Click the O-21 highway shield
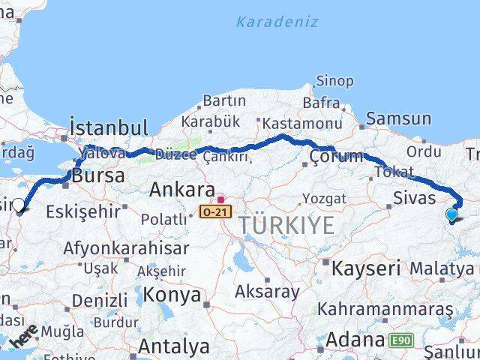(x=215, y=213)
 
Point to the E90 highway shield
(x=400, y=341)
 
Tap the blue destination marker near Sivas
(x=451, y=215)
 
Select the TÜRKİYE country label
(x=286, y=224)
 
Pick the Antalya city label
(x=174, y=346)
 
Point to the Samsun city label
(x=399, y=118)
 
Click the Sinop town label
(x=334, y=80)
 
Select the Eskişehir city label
(x=82, y=211)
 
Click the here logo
(x=22, y=337)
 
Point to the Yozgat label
(x=325, y=199)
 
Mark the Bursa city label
(x=98, y=175)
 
